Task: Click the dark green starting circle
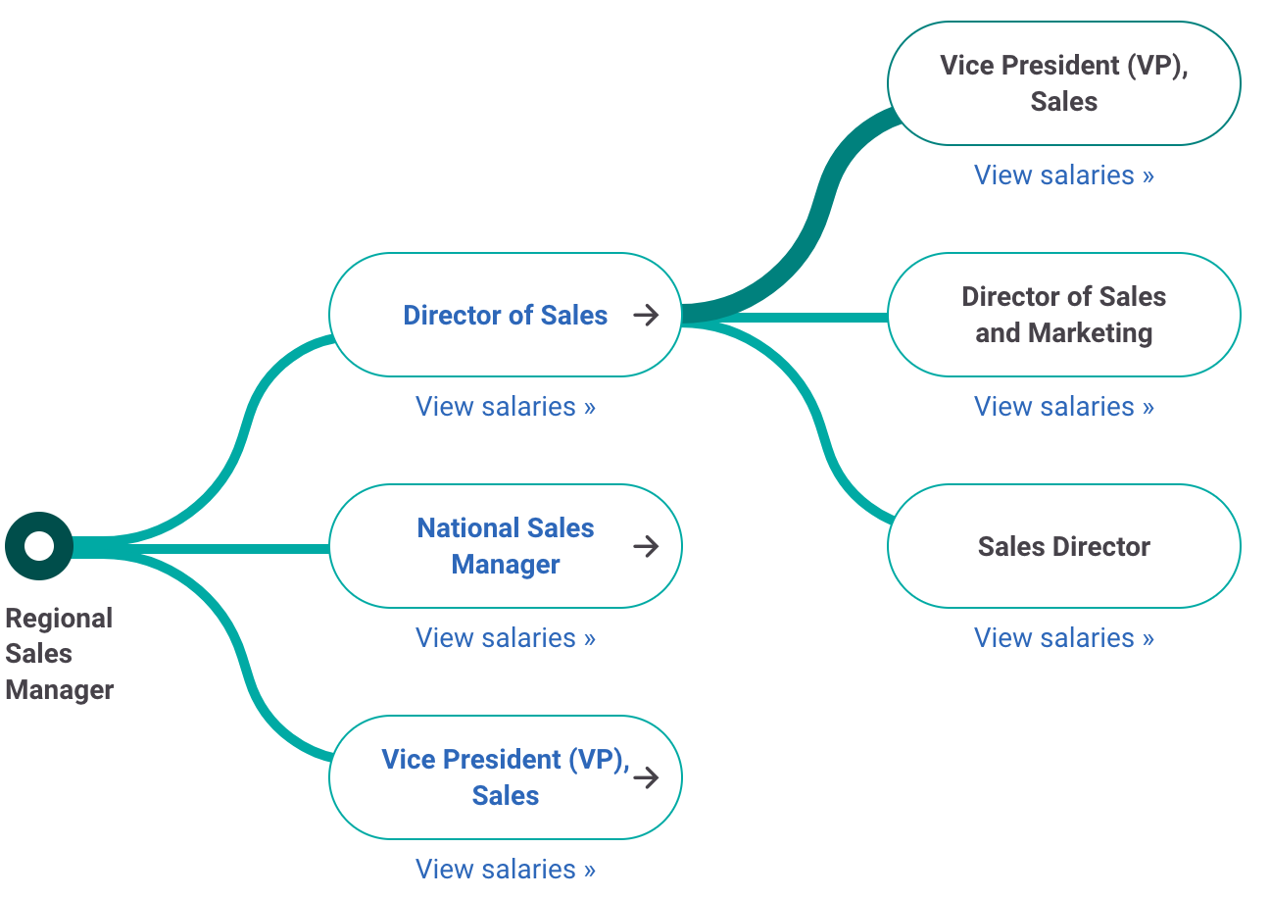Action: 39,546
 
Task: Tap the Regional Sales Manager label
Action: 59,654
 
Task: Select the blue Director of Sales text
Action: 505,316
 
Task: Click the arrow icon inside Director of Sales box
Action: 646,315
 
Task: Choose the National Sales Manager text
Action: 505,546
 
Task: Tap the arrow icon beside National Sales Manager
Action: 646,546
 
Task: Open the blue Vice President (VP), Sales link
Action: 505,777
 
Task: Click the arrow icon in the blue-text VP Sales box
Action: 646,777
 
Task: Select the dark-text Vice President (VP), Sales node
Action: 1063,83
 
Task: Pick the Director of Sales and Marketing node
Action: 1063,315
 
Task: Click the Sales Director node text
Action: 1063,546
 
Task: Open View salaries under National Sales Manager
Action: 505,637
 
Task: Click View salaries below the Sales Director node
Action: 1063,637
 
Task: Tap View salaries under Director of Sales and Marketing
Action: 1063,406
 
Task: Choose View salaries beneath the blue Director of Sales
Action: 505,406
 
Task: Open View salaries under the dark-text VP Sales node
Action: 1063,175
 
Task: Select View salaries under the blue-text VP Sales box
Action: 505,869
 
